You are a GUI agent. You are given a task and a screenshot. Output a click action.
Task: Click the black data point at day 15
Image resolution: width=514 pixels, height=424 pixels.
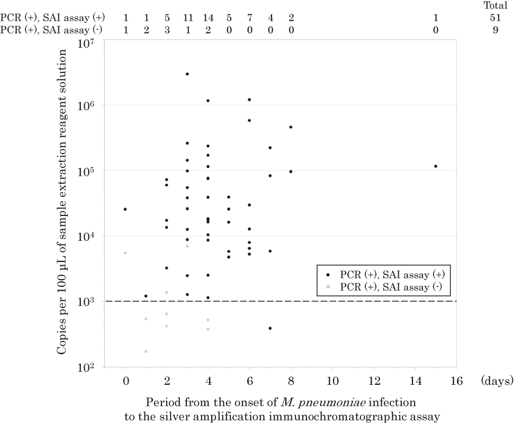click(x=435, y=166)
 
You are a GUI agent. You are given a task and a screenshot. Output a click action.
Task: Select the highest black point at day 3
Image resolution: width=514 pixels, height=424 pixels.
click(x=187, y=74)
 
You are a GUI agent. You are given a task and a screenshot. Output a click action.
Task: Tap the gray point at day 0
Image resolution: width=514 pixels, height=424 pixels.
click(x=125, y=252)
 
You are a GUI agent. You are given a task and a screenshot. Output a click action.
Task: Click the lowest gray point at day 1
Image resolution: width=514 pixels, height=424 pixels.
click(x=146, y=351)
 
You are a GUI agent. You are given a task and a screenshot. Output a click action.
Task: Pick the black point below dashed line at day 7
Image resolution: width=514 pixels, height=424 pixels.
click(x=270, y=328)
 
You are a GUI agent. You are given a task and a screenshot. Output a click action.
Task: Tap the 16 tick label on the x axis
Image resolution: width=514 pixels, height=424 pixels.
click(x=456, y=381)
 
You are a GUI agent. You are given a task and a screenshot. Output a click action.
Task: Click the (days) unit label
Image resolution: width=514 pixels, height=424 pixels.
click(x=496, y=381)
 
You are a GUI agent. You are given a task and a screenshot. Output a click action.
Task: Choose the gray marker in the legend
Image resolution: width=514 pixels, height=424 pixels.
click(x=328, y=286)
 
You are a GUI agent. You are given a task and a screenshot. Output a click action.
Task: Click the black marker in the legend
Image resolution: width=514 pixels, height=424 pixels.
click(x=328, y=275)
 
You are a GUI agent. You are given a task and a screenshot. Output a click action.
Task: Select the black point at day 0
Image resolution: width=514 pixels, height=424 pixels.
click(x=125, y=209)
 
